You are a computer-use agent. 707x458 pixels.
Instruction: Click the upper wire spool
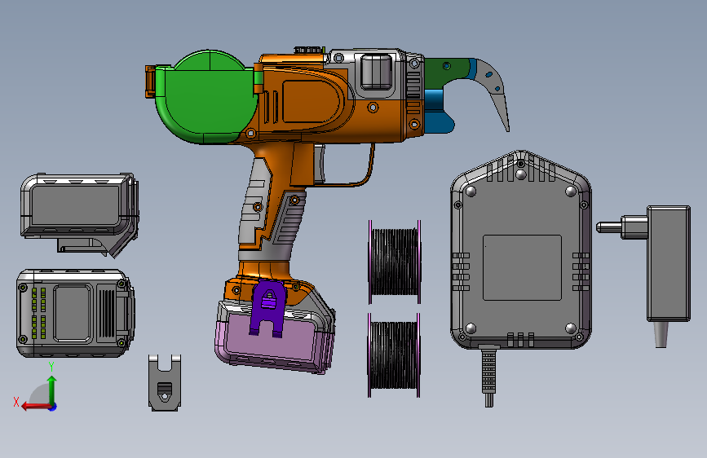(x=395, y=262)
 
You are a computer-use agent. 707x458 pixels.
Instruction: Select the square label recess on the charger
(x=522, y=267)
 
